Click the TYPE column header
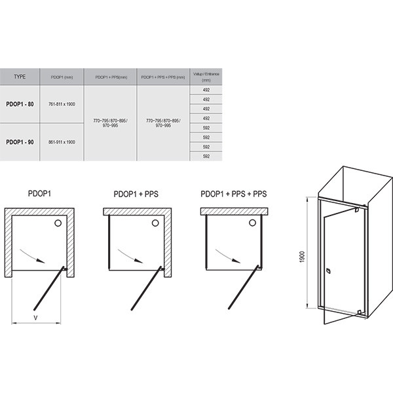pos(20,77)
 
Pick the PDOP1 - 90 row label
pos(20,141)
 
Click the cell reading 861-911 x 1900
pos(62,141)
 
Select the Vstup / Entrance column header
pos(206,75)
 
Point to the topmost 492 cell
pos(206,91)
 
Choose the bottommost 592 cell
pos(206,156)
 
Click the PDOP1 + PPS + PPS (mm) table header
pos(162,77)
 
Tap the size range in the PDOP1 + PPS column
pos(111,122)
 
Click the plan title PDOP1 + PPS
pos(132,194)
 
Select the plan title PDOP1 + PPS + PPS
pos(234,194)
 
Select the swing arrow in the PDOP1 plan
pos(31,254)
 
